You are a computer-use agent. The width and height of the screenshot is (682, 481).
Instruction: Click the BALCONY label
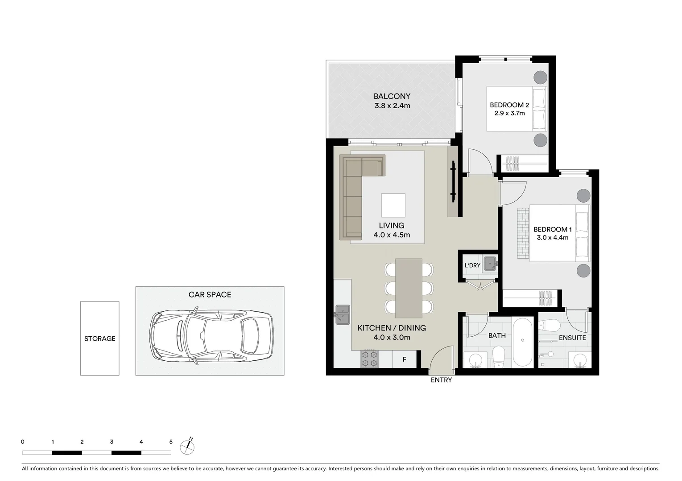point(392,96)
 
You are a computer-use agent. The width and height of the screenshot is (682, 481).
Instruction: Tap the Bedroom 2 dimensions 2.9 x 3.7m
point(509,113)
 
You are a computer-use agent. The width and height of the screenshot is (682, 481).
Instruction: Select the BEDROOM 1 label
point(552,229)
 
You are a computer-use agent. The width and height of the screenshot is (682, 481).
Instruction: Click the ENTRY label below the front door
point(441,380)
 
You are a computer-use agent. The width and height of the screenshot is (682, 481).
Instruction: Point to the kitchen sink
point(343,314)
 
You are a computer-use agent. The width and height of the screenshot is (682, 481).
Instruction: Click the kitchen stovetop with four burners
point(369,359)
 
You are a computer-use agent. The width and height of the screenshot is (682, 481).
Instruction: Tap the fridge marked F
point(405,359)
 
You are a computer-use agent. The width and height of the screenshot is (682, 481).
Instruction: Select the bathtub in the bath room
point(523,342)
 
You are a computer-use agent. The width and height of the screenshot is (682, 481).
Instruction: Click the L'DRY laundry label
point(472,265)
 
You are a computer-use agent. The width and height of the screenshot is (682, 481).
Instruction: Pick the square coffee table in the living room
point(393,205)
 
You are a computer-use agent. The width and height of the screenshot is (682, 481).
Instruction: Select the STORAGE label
point(100,338)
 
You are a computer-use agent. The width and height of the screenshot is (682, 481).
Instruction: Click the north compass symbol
point(187,447)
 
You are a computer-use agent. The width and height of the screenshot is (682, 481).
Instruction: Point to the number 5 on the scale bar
point(171,442)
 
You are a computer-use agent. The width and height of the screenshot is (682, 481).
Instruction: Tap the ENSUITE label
point(572,338)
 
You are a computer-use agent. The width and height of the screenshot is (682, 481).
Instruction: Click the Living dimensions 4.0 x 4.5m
point(392,235)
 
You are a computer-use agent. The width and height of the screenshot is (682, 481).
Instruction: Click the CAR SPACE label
point(210,294)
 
